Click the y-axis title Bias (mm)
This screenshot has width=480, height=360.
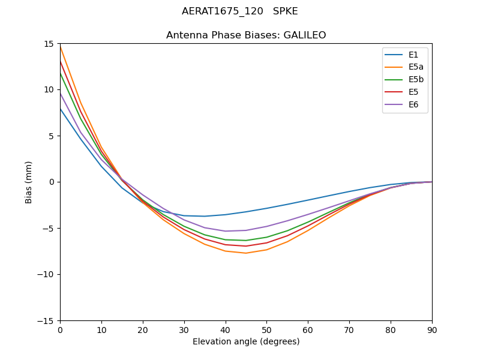coord(29,182)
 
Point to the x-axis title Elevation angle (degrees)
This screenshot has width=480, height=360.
coord(246,342)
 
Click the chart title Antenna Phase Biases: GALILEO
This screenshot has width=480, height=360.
coord(246,35)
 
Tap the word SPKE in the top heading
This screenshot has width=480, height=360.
coord(285,11)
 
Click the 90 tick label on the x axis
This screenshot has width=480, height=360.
coord(432,329)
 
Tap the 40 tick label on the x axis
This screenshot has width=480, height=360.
coord(226,329)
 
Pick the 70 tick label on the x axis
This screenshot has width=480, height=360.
coord(349,329)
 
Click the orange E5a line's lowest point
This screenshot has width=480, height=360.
coord(246,253)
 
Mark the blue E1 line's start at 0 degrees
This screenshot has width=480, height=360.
coord(60,108)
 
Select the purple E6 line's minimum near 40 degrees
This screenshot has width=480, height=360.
coord(226,231)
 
